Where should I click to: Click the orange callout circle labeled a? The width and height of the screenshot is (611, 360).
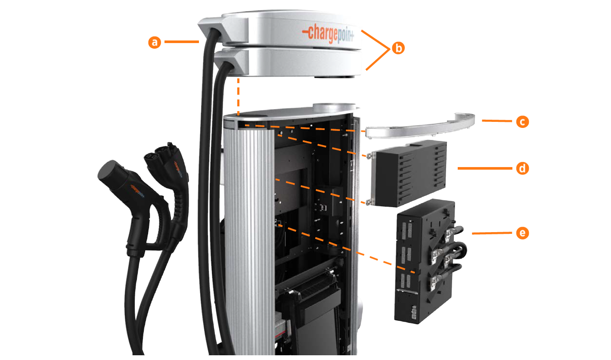pyautogui.click(x=155, y=42)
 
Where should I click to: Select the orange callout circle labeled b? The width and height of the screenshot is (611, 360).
pyautogui.click(x=398, y=48)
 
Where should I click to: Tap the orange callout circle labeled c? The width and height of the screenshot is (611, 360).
pyautogui.click(x=522, y=121)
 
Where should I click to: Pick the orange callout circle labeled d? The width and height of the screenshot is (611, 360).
pyautogui.click(x=522, y=168)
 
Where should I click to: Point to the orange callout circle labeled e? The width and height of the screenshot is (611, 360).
pyautogui.click(x=522, y=233)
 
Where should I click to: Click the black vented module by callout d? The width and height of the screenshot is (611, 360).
pyautogui.click(x=409, y=173)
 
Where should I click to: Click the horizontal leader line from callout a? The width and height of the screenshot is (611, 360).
pyautogui.click(x=182, y=42)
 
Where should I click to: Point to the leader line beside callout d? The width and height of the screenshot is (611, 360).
pyautogui.click(x=485, y=168)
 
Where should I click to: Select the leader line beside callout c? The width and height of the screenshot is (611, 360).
pyautogui.click(x=497, y=121)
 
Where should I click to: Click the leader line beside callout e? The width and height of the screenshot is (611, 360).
pyautogui.click(x=492, y=233)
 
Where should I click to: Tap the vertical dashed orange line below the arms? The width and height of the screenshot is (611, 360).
pyautogui.click(x=239, y=97)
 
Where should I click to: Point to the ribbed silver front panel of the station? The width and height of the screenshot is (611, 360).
pyautogui.click(x=249, y=240)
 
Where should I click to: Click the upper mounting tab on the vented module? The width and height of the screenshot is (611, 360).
pyautogui.click(x=369, y=155)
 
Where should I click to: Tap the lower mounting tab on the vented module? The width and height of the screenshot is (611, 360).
pyautogui.click(x=369, y=202)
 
